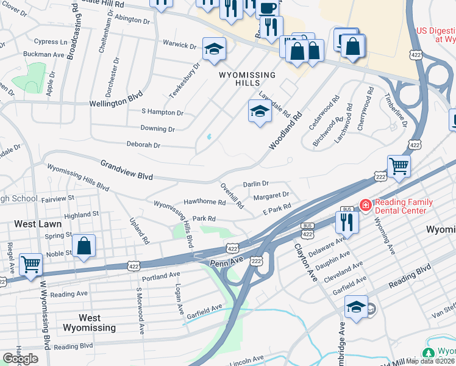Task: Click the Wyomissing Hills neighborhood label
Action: (x=247, y=79)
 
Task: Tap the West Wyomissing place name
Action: (x=90, y=323)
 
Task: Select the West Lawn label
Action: (x=34, y=224)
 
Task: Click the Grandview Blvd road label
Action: (x=126, y=170)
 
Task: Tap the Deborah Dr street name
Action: (x=143, y=145)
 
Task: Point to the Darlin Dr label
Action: (x=255, y=184)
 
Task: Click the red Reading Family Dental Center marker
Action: (x=365, y=206)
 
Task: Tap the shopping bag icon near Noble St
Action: (x=84, y=246)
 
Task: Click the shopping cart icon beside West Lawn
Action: (x=30, y=264)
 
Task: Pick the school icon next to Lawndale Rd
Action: (x=260, y=111)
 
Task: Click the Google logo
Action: (x=20, y=358)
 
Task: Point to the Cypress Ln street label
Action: (x=51, y=41)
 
